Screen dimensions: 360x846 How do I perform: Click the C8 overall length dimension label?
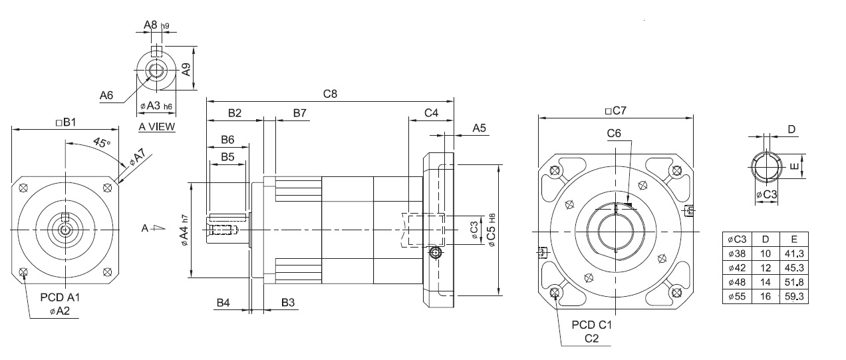[x=330, y=94]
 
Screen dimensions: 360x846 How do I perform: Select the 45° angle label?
[x=102, y=142]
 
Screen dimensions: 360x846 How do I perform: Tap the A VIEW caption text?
[x=157, y=126]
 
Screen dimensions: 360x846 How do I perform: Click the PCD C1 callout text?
[x=591, y=325]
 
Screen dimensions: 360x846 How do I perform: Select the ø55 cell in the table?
[x=737, y=296]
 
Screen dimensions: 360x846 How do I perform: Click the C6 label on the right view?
[x=614, y=134]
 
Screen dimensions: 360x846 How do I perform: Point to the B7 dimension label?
[x=299, y=113]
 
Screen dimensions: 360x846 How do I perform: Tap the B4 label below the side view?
[x=223, y=303]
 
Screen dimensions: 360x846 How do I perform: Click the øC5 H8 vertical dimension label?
[x=492, y=230]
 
